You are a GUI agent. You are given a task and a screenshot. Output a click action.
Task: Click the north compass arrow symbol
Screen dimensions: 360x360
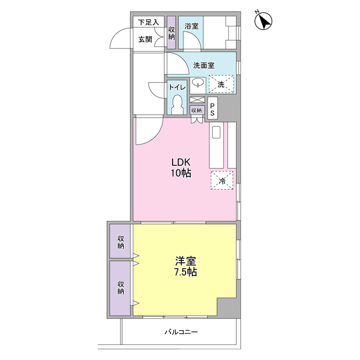point(263,21)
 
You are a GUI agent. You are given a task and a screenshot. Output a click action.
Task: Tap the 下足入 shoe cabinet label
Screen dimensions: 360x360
point(148,22)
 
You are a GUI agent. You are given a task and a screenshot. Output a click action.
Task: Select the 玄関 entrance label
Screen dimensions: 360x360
point(145,39)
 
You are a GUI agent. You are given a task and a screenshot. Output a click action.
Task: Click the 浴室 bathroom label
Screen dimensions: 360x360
point(191,26)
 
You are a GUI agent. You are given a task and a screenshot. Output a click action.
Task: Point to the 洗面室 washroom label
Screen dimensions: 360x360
point(204,66)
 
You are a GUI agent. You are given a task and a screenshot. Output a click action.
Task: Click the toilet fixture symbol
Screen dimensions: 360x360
point(177,105)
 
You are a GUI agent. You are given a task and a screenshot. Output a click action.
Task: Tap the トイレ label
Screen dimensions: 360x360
point(177,87)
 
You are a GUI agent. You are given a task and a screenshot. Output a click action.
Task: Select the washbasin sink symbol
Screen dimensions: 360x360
point(198,83)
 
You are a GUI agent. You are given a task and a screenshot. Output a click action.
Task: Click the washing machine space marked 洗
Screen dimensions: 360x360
point(221,84)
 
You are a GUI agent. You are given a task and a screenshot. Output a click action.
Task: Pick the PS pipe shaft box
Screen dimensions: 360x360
point(213,108)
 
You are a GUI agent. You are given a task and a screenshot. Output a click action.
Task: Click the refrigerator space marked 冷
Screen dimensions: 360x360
point(222,180)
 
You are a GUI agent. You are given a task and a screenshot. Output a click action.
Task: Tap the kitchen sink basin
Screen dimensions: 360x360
point(216,132)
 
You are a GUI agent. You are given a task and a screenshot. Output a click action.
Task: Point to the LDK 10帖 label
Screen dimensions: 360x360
point(181,168)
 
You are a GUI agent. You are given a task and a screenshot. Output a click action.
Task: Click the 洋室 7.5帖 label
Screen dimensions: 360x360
point(186,267)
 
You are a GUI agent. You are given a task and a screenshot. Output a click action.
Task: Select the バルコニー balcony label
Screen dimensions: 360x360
point(181,332)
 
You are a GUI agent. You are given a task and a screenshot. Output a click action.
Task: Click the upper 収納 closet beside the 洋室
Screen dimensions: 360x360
point(120,241)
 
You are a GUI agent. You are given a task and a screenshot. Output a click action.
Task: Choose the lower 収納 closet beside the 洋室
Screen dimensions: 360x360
point(120,288)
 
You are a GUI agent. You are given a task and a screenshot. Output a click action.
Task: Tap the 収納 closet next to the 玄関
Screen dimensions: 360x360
point(171,33)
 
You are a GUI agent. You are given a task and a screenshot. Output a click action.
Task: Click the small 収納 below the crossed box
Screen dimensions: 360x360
point(197,110)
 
